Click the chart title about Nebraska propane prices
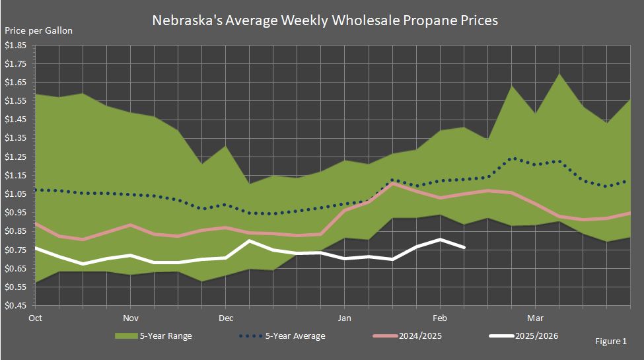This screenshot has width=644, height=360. pyautogui.click(x=324, y=20)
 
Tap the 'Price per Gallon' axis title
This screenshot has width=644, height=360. pyautogui.click(x=39, y=30)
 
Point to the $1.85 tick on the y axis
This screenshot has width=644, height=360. pyautogui.click(x=16, y=46)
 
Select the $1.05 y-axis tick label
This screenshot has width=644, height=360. pyautogui.click(x=16, y=194)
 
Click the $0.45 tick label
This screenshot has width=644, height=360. pyautogui.click(x=16, y=306)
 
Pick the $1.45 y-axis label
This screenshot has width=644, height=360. pyautogui.click(x=16, y=120)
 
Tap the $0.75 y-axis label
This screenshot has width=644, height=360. pyautogui.click(x=16, y=250)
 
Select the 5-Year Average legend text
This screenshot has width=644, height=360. pyautogui.click(x=295, y=336)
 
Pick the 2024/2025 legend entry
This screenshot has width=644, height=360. pyautogui.click(x=420, y=336)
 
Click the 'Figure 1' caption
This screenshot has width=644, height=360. pyautogui.click(x=611, y=342)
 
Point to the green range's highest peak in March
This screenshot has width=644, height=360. pyautogui.click(x=559, y=73)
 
